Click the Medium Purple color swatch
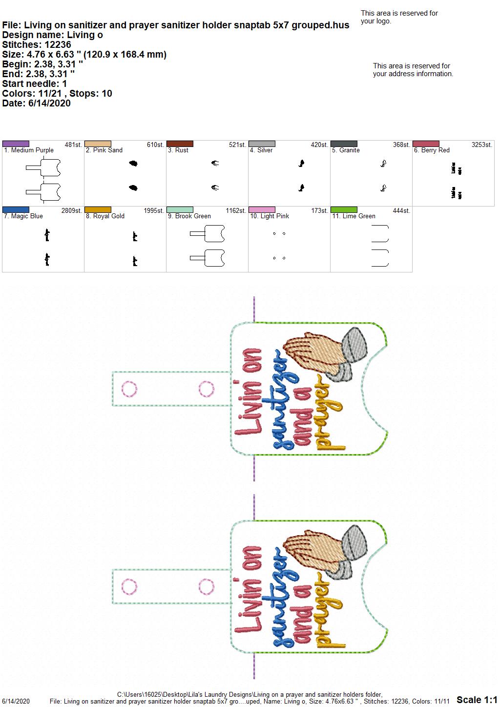click(16, 144)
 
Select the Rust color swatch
click(180, 144)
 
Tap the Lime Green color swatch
click(344, 210)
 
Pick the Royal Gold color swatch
click(98, 210)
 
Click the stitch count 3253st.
click(482, 145)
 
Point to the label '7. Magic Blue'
click(23, 216)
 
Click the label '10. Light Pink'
click(270, 216)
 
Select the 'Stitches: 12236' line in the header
click(37, 45)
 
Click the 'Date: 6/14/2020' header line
click(36, 104)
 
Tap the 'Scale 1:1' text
click(477, 700)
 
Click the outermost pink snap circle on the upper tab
click(129, 389)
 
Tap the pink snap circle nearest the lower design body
click(207, 587)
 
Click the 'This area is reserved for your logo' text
click(399, 18)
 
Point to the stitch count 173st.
click(319, 211)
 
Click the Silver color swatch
click(262, 144)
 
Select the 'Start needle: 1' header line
click(34, 84)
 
